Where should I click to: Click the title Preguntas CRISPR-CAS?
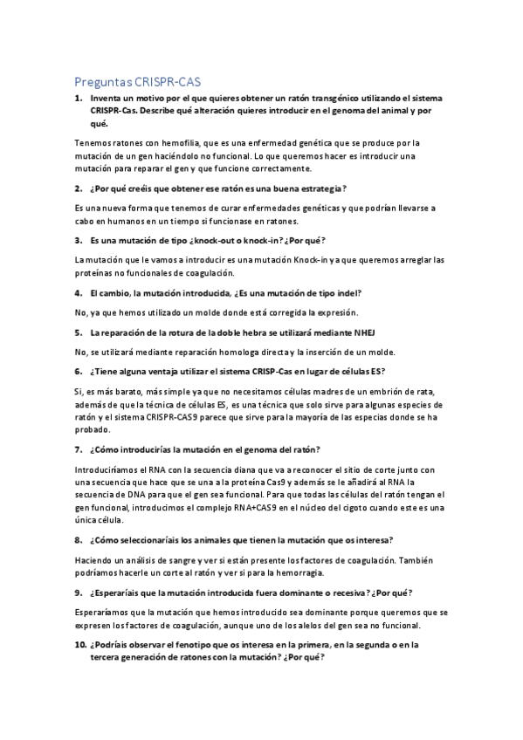tap(137, 82)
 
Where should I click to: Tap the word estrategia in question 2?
tap(316, 188)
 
